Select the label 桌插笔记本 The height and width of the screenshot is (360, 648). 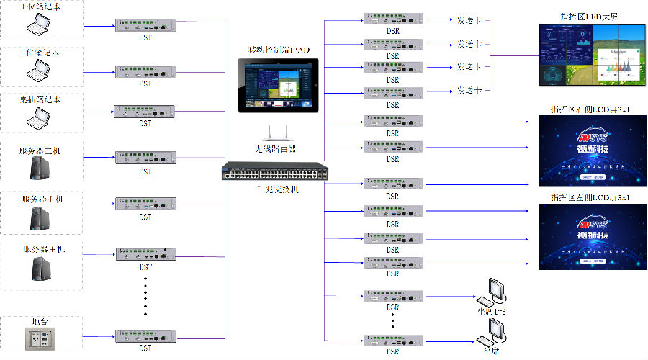[40, 99]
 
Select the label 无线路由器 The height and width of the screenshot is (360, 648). [277, 148]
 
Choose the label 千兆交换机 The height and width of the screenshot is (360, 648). [277, 189]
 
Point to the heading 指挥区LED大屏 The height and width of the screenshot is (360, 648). [589, 16]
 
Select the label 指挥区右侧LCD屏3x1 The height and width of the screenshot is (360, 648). [588, 110]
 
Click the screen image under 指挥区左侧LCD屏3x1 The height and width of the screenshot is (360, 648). [588, 236]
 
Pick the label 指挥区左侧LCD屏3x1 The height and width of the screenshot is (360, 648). [588, 197]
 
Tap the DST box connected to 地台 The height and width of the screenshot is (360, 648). [145, 336]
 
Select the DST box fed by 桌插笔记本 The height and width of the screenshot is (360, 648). [145, 112]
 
